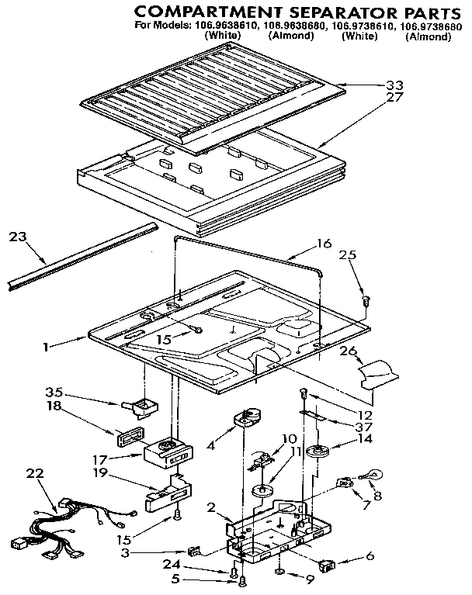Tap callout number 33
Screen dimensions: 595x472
pos(396,85)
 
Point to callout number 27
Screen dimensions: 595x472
pos(396,98)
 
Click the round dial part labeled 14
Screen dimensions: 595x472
pos(315,453)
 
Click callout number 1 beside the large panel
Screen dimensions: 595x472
pos(47,347)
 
